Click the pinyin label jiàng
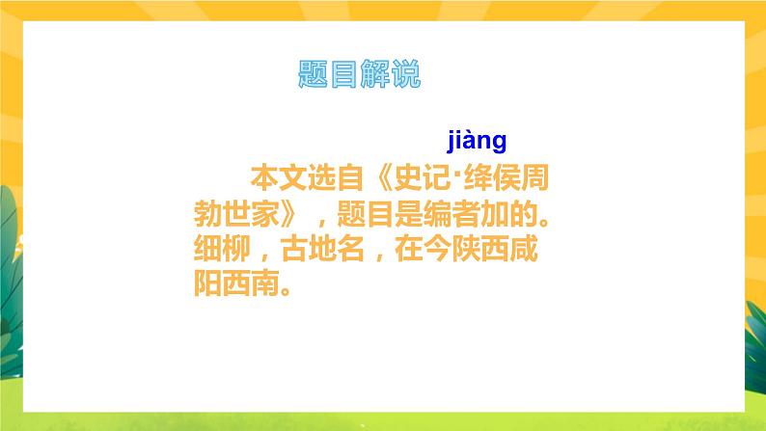(477, 143)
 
